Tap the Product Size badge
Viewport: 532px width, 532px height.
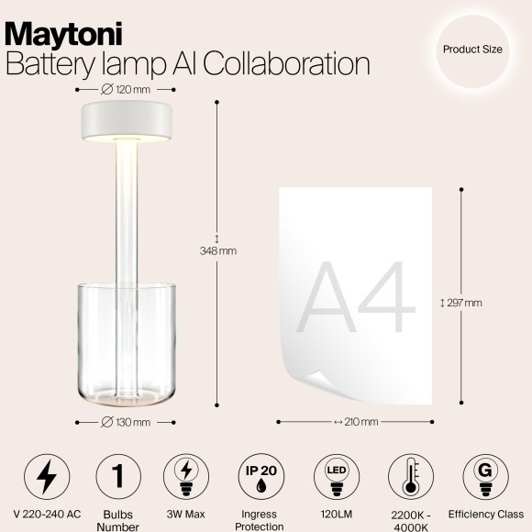(x=472, y=50)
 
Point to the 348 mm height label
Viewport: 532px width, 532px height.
(x=218, y=250)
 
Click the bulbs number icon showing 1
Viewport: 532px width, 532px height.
(x=117, y=476)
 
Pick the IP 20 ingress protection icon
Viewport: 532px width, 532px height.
(x=261, y=476)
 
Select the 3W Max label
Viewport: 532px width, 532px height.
(x=189, y=515)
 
